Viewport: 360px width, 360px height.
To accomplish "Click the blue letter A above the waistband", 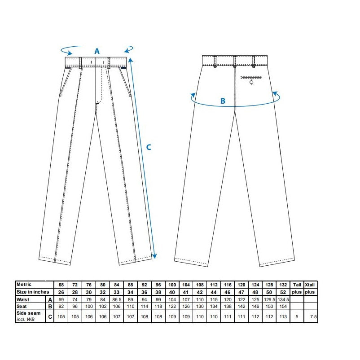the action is tap(97, 51).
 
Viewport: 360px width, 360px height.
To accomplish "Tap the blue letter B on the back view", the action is tap(223, 101).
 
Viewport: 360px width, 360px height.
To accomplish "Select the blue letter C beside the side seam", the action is tap(149, 147).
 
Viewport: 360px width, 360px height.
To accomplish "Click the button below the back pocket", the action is tap(251, 82).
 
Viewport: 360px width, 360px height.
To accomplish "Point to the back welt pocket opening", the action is tap(251, 77).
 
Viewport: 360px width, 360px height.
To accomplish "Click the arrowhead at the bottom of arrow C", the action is tap(154, 256).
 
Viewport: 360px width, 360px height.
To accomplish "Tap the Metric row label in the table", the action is tap(24, 285).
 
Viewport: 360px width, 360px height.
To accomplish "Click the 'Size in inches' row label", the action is tap(33, 292).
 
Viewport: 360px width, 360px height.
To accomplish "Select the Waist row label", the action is tap(23, 299).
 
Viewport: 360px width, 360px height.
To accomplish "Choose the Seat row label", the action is tap(22, 306).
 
